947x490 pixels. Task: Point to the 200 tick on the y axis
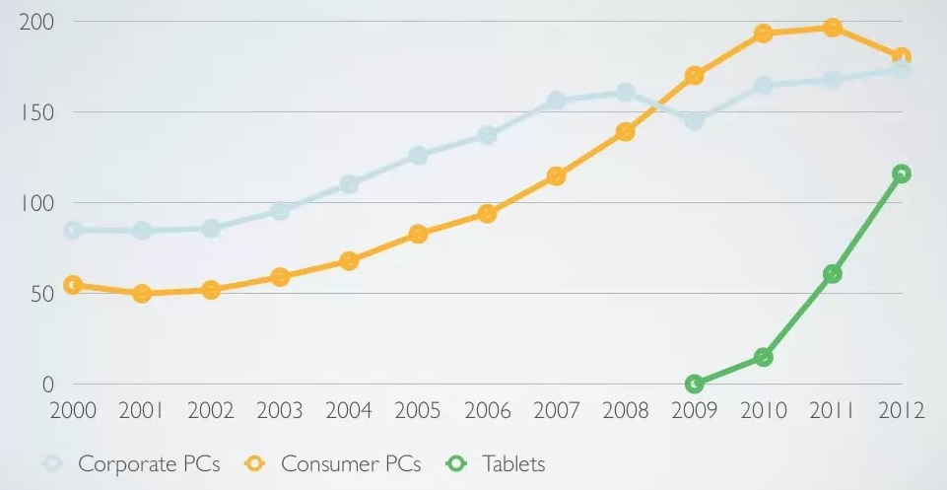coord(36,21)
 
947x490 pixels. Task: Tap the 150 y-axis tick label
coord(36,111)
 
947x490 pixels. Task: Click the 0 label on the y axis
coord(47,385)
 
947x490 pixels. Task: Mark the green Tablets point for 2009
coord(694,384)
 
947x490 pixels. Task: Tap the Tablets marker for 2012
coord(901,174)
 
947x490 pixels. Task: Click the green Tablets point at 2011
coord(832,273)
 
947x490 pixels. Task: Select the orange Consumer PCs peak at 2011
coord(832,28)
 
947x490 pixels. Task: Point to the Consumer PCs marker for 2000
coord(72,285)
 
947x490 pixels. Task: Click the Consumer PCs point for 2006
coord(487,214)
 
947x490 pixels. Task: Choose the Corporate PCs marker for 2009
coord(694,121)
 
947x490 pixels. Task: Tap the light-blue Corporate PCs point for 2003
coord(280,211)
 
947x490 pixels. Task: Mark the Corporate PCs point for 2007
coord(556,101)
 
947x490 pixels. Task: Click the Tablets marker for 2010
coord(763,357)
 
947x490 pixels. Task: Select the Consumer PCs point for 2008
coord(625,132)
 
